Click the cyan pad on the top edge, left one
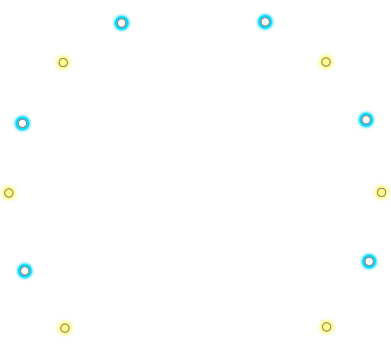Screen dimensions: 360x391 tap(122, 23)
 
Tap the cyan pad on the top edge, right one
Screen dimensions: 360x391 tap(265, 22)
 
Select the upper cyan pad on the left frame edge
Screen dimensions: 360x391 tap(22, 123)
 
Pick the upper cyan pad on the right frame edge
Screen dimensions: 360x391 tap(366, 120)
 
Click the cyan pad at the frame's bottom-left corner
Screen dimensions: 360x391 tap(25, 271)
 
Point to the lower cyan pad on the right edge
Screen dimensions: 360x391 tap(369, 261)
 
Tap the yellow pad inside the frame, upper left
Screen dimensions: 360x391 tap(63, 63)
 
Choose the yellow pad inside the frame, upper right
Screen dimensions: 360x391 tap(326, 62)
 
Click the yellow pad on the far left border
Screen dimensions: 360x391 tap(9, 193)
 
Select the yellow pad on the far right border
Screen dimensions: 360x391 tap(382, 192)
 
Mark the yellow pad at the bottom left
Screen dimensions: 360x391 tap(65, 328)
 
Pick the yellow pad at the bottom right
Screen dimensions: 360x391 tap(327, 327)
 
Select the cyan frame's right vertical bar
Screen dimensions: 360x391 tap(376, 177)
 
